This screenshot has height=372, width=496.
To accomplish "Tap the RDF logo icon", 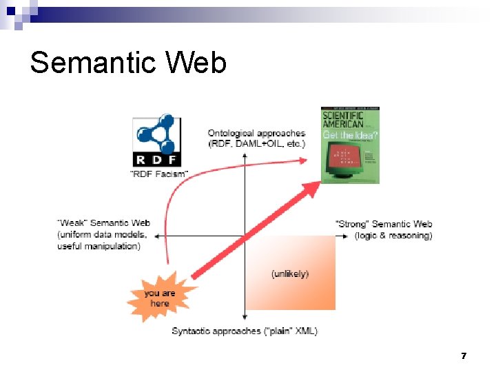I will click(x=157, y=141).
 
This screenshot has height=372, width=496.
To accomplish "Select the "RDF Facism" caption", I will click(x=158, y=174).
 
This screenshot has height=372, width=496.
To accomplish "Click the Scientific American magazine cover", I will click(x=350, y=145).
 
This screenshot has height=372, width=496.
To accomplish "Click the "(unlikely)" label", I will click(x=290, y=274).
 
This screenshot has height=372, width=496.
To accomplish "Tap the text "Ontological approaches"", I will click(x=256, y=133).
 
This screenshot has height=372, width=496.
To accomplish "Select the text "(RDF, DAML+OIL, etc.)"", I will click(x=256, y=143).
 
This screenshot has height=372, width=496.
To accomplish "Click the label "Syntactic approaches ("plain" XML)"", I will click(x=245, y=331).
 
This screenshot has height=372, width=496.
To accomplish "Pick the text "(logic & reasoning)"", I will click(x=393, y=236).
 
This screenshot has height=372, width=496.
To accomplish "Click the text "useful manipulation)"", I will click(x=99, y=246).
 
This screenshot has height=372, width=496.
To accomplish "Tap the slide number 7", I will click(x=464, y=356).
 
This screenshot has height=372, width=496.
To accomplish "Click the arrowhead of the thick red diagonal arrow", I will click(x=313, y=188).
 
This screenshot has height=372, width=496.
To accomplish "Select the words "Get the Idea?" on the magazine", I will click(x=350, y=135).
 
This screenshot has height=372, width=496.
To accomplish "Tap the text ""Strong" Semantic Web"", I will click(x=384, y=224).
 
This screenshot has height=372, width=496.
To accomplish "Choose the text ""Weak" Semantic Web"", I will click(x=104, y=223).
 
